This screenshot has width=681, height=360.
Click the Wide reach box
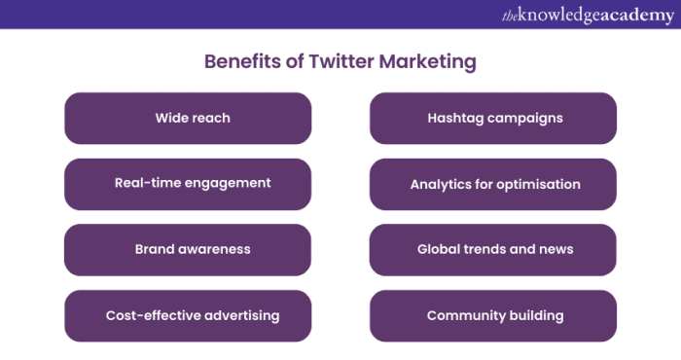click(188, 119)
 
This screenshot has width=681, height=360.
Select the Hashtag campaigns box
click(493, 119)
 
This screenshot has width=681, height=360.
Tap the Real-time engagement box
click(188, 184)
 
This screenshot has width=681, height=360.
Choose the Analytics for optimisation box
click(493, 184)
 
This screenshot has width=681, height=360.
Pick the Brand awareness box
click(188, 249)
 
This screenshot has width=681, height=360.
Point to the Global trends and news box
click(493, 249)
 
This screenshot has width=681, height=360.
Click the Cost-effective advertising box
click(188, 315)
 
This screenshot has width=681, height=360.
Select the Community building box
click(493, 315)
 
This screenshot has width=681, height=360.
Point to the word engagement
click(229, 184)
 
